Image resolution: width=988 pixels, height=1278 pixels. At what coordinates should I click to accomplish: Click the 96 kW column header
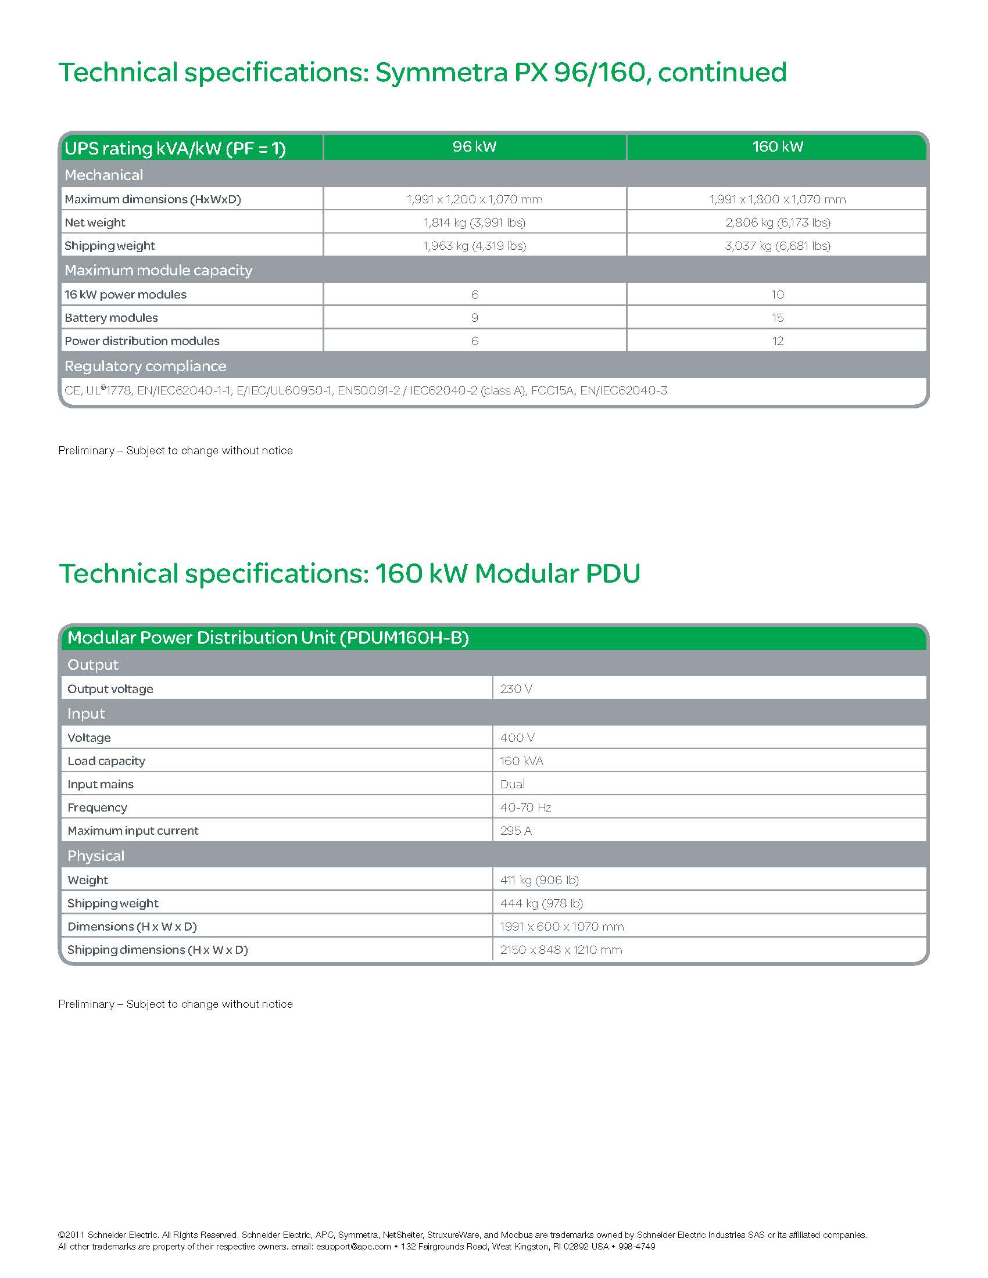point(474,147)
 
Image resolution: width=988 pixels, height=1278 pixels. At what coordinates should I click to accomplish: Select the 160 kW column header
point(776,147)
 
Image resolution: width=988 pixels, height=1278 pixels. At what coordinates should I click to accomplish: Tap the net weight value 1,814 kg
point(474,222)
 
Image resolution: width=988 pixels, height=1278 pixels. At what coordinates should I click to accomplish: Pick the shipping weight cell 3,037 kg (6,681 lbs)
point(777,246)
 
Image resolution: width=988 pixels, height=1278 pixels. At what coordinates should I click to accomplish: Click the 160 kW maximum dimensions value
point(777,199)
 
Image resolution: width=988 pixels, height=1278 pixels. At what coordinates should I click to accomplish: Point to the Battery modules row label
point(111,318)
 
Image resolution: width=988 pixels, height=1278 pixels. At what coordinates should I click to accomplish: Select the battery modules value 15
point(777,318)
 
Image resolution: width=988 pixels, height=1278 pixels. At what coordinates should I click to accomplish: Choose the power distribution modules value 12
point(777,341)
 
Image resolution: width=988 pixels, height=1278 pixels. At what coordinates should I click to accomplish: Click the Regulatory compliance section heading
point(145,367)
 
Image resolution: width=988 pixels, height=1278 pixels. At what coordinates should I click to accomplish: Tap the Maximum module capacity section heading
point(158,270)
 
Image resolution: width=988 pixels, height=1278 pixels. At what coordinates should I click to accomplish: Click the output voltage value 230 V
point(516,689)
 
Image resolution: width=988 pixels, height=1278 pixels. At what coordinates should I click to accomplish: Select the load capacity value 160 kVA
point(521,761)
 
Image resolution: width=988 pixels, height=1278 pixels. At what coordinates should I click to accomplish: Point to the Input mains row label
point(100,784)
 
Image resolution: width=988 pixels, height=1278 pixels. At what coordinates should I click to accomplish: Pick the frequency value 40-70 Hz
point(525,807)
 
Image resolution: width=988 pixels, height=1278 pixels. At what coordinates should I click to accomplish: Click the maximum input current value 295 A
point(516,831)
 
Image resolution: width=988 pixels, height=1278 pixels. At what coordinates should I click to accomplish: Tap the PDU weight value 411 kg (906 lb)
point(539,880)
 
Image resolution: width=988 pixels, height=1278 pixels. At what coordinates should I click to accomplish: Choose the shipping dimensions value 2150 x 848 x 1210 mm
point(561,950)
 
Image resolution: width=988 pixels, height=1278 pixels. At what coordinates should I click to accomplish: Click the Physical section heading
point(95,856)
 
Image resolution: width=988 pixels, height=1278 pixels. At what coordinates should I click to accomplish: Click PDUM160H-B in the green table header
point(407,638)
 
